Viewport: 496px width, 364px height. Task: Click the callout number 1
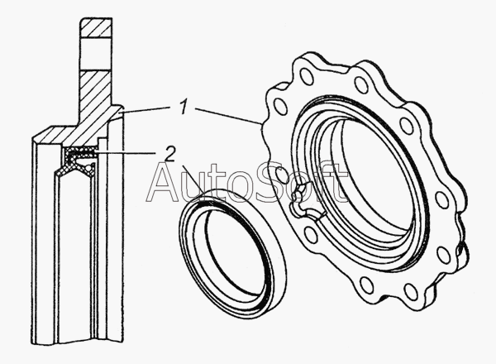tap(184, 108)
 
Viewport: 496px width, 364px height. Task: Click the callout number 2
tap(170, 154)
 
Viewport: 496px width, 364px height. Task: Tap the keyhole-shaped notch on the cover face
tap(304, 203)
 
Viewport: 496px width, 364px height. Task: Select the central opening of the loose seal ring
tap(232, 253)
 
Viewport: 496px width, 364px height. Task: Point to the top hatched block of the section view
tap(96, 28)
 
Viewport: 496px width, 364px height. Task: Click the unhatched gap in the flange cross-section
tap(96, 55)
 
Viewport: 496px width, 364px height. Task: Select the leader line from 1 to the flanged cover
tap(227, 116)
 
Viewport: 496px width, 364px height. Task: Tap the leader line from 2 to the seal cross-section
tap(126, 154)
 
